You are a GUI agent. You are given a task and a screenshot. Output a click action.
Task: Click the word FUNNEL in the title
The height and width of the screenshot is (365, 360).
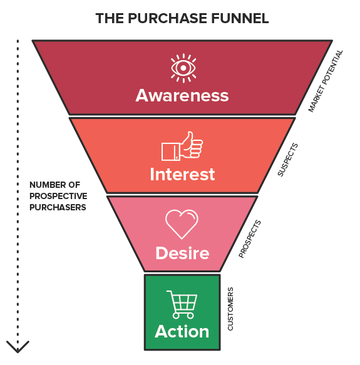[240, 18]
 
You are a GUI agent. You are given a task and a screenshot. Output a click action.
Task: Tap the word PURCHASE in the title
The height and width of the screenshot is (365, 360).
[167, 18]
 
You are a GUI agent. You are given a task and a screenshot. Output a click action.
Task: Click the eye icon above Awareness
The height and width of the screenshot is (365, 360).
[183, 68]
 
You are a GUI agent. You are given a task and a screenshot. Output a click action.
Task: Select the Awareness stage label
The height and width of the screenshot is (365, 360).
[182, 95]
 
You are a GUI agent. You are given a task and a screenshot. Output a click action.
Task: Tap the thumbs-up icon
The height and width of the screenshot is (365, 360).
[182, 146]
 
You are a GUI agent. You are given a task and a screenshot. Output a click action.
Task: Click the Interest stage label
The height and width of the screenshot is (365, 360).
[182, 174]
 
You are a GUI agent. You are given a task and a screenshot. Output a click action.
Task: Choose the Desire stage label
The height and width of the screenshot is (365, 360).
[182, 253]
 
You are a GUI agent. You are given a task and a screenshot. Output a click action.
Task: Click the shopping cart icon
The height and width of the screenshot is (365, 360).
[182, 304]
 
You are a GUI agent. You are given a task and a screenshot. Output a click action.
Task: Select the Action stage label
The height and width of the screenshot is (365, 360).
[182, 331]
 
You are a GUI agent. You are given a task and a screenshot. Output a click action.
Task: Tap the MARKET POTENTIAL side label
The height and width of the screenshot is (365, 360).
[326, 81]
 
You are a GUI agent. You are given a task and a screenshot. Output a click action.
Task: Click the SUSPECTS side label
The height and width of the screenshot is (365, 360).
[288, 160]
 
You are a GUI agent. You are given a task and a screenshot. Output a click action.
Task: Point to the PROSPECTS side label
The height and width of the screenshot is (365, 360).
[250, 239]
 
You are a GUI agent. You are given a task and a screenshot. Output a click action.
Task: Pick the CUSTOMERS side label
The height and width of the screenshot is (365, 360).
[230, 309]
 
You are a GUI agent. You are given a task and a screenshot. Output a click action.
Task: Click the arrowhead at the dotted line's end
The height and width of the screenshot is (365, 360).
[18, 347]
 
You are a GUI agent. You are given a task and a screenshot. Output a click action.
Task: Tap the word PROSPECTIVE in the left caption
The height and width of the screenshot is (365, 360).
[58, 196]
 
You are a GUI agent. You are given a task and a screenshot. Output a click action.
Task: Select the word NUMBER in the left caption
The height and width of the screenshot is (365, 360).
[44, 185]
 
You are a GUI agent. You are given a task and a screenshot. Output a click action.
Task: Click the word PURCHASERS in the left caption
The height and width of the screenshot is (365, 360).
[58, 207]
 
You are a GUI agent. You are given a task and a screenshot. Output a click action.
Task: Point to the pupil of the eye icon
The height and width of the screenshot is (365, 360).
[183, 68]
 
